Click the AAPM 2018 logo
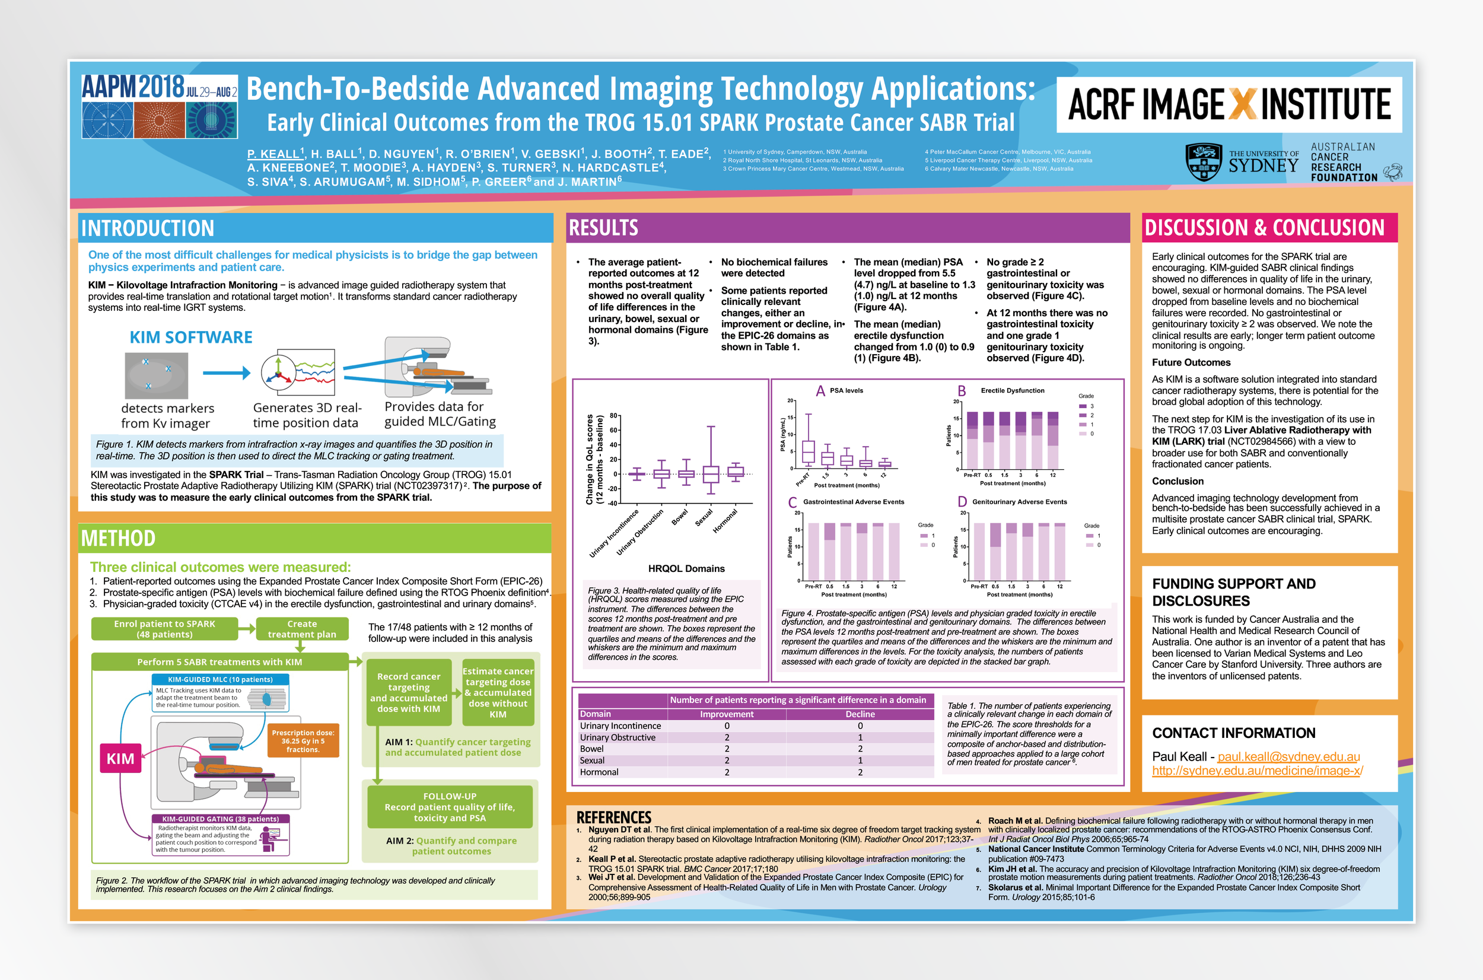point(160,106)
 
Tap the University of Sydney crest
point(1203,162)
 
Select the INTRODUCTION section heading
point(148,228)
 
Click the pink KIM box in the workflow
point(120,758)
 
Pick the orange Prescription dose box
point(303,740)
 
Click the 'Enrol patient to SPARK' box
point(164,629)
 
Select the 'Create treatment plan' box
point(302,629)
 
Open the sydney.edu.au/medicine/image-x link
point(1257,771)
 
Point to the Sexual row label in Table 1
point(592,761)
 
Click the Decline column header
point(860,714)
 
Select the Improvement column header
point(726,714)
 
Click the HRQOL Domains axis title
point(686,568)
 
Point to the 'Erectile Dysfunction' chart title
point(1013,390)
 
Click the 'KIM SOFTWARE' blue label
point(190,338)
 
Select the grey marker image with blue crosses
point(156,375)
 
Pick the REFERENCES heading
point(614,817)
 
